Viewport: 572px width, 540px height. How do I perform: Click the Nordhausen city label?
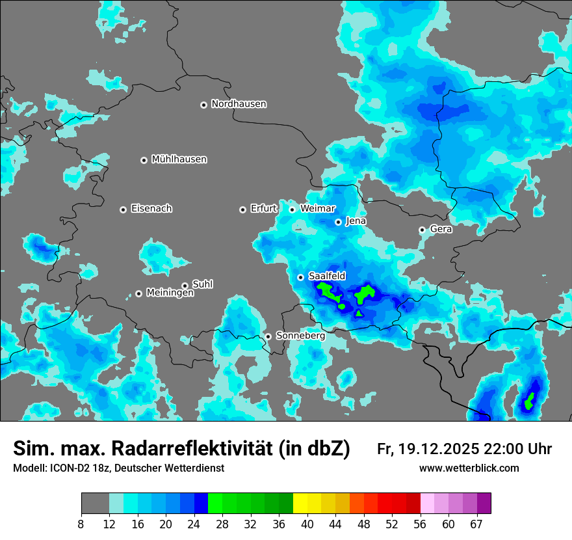(x=239, y=104)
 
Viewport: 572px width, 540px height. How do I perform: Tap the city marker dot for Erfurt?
(x=242, y=209)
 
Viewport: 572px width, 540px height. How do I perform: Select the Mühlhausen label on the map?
(x=179, y=159)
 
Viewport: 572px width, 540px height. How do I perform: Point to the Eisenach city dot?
(x=123, y=209)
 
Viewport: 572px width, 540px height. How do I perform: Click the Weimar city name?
(x=317, y=209)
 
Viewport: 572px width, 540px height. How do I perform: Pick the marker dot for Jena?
(x=338, y=222)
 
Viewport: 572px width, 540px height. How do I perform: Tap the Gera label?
(x=441, y=229)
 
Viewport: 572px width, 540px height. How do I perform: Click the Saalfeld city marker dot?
(x=301, y=277)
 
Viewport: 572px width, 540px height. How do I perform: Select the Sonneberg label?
(x=300, y=336)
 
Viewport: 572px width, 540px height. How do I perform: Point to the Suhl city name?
(x=202, y=284)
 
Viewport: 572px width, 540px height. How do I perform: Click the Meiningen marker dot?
(x=138, y=293)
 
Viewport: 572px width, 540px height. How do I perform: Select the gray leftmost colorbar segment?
(x=95, y=504)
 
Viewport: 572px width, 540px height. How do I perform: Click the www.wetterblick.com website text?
(x=469, y=468)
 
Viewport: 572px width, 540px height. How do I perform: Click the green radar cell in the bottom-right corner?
(x=530, y=400)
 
